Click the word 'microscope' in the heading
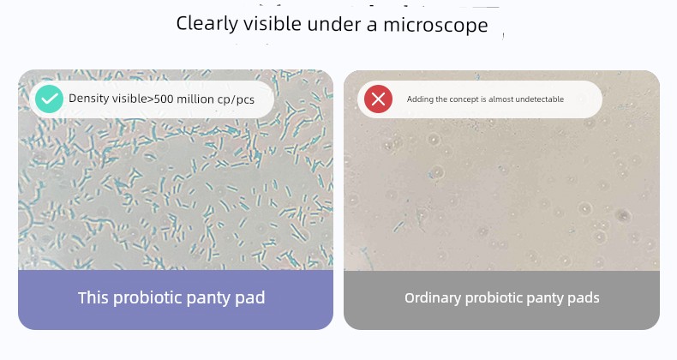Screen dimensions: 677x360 [435, 25]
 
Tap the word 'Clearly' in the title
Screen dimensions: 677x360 [207, 24]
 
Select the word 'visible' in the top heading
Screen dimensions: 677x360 [272, 23]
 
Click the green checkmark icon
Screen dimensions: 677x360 [49, 99]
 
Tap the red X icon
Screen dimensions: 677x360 [378, 99]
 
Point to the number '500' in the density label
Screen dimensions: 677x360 [163, 99]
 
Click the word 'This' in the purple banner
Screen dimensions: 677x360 [93, 297]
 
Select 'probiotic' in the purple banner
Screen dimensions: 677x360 [146, 298]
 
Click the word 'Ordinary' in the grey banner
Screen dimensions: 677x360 [433, 298]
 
